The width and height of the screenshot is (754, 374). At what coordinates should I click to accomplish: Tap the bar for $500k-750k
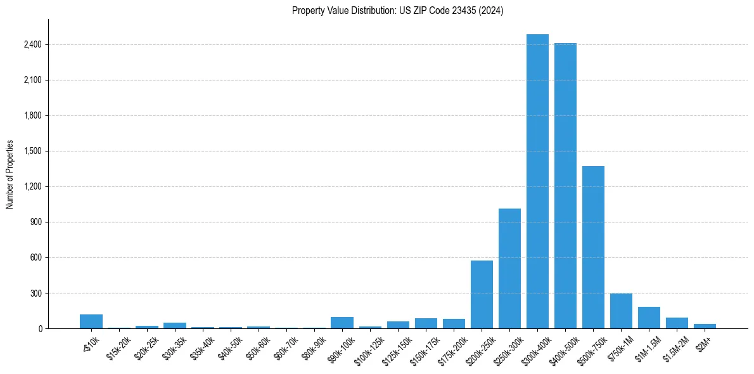tap(593, 247)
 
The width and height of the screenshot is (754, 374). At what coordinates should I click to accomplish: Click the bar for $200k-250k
tap(482, 294)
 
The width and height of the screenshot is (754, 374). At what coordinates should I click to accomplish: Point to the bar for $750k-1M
tap(621, 311)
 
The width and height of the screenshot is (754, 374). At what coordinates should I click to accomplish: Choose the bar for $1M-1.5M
tap(649, 318)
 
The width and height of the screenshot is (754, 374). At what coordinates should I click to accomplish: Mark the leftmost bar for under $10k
tap(91, 321)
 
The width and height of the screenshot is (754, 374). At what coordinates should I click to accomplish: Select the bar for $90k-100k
tap(342, 323)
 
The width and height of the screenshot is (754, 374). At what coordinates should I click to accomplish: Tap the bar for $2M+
tap(705, 326)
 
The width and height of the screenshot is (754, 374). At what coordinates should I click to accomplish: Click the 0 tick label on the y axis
tap(39, 329)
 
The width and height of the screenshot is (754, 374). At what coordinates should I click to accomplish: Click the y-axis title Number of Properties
tap(10, 174)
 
